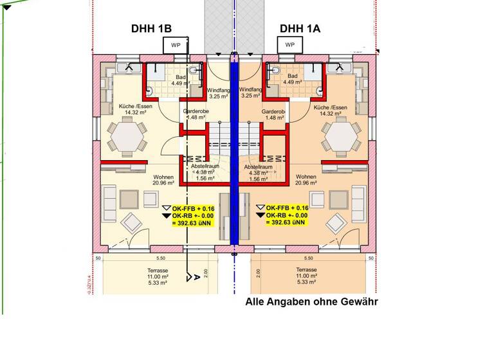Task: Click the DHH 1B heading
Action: click(151, 29)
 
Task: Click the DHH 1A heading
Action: click(300, 29)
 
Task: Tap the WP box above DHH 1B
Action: click(175, 44)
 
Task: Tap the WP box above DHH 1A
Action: click(289, 44)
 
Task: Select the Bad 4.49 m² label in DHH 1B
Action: click(178, 80)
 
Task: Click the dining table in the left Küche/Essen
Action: click(125, 136)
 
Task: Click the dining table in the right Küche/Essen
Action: click(341, 136)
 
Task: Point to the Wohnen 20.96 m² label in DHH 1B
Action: click(164, 179)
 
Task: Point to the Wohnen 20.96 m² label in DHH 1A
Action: click(306, 179)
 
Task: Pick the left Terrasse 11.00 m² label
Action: click(158, 276)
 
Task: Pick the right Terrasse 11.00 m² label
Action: click(306, 276)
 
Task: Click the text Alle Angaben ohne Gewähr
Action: click(312, 301)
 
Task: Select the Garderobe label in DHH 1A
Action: click(273, 114)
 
